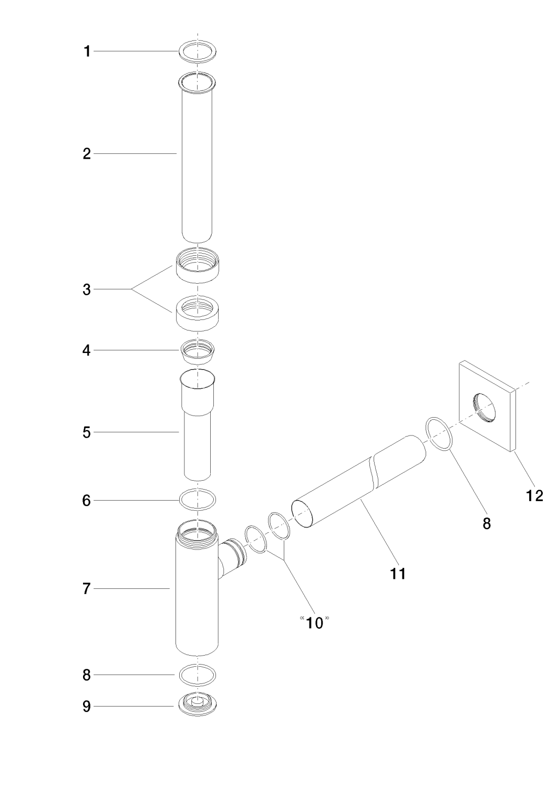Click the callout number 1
coord(87,51)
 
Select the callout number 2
coord(87,154)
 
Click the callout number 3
coord(87,289)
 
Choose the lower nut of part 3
coord(197,314)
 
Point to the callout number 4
coord(87,350)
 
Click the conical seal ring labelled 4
coord(198,352)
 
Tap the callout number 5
coord(87,433)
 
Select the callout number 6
coord(87,500)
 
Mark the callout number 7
coord(87,589)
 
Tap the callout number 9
coord(87,707)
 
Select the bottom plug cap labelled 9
coord(198,704)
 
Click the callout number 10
coord(314,623)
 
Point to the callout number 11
coord(398,573)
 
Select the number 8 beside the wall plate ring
coord(487,523)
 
